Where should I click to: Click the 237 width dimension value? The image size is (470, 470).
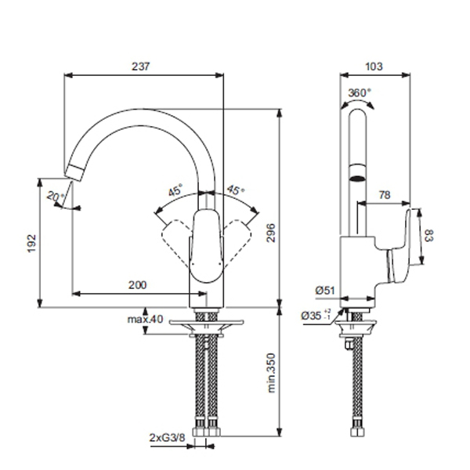[x=140, y=67]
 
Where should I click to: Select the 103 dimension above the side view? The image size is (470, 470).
[x=374, y=67]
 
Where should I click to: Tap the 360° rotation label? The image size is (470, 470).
[x=359, y=92]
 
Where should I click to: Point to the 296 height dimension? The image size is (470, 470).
[x=271, y=233]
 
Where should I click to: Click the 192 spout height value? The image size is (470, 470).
[x=32, y=244]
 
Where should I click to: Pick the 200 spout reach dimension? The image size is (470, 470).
[x=138, y=285]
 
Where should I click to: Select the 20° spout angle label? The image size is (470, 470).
[x=56, y=197]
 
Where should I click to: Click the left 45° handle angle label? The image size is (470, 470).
[x=175, y=190]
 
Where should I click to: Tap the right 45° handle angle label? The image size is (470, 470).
[x=236, y=190]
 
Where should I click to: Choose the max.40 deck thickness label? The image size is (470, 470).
[x=146, y=320]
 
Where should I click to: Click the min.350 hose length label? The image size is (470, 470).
[x=271, y=373]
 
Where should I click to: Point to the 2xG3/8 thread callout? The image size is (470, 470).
[x=168, y=438]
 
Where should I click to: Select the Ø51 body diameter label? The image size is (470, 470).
[x=325, y=290]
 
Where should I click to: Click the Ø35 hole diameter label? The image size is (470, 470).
[x=316, y=316]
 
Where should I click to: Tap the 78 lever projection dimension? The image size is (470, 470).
[x=385, y=195]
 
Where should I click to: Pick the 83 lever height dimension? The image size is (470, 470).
[x=429, y=236]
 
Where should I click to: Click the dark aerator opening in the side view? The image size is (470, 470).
[x=358, y=179]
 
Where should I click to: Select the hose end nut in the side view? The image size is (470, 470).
[x=358, y=432]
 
